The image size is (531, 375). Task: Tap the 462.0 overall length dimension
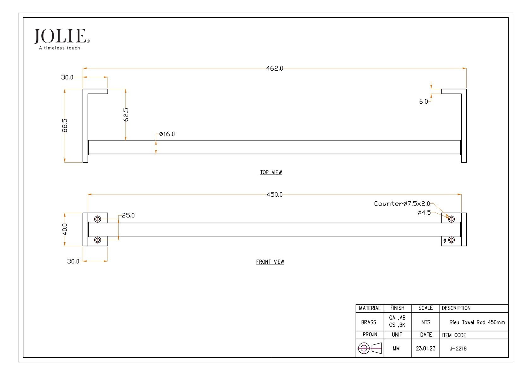pyautogui.click(x=274, y=68)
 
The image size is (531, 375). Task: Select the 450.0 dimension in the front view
pyautogui.click(x=274, y=195)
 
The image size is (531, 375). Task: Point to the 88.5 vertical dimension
pyautogui.click(x=65, y=125)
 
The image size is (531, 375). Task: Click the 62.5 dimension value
pyautogui.click(x=126, y=115)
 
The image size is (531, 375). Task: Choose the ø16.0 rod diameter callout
pyautogui.click(x=167, y=134)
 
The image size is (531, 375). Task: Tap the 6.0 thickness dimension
pyautogui.click(x=423, y=101)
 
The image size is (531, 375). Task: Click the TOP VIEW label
pyautogui.click(x=271, y=172)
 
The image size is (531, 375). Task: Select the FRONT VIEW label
pyautogui.click(x=270, y=262)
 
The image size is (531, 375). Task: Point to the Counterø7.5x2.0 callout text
pyautogui.click(x=402, y=204)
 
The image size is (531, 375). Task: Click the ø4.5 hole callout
pyautogui.click(x=424, y=213)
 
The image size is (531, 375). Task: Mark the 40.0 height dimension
pyautogui.click(x=65, y=229)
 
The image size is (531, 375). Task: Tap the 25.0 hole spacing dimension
pyautogui.click(x=128, y=216)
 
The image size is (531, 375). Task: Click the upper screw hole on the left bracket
pyautogui.click(x=97, y=219)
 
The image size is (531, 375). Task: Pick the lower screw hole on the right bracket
pyautogui.click(x=451, y=240)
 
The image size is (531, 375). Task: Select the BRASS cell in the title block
pyautogui.click(x=369, y=322)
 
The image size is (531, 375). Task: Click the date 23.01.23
pyautogui.click(x=425, y=349)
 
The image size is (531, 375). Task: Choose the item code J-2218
pyautogui.click(x=458, y=349)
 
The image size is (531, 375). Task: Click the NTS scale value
pyautogui.click(x=425, y=322)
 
